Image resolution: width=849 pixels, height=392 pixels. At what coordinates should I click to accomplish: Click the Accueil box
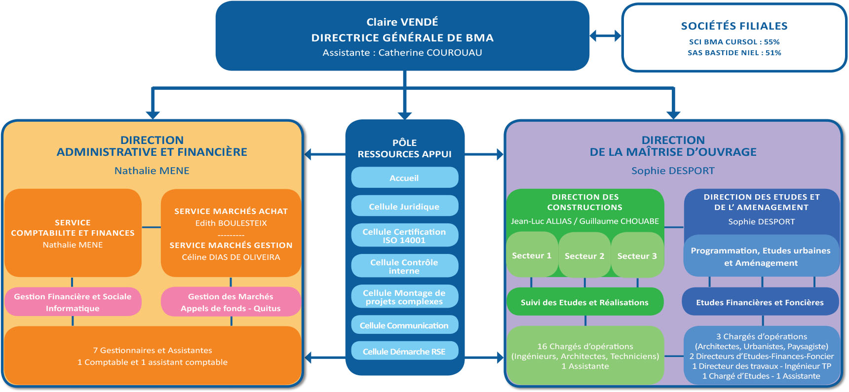tap(404, 178)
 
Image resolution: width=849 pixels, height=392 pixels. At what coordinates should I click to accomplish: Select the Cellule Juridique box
tap(404, 207)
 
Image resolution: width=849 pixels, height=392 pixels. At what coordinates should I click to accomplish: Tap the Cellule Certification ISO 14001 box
tap(404, 236)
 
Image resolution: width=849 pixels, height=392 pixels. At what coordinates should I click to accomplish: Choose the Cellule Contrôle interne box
tap(404, 266)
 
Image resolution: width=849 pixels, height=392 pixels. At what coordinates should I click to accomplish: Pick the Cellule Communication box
tap(404, 325)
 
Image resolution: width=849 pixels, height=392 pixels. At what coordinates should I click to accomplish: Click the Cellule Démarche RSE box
tap(404, 352)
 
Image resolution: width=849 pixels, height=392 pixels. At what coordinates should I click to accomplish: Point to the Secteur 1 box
tap(532, 255)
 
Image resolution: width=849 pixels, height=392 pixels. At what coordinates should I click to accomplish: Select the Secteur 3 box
tap(637, 255)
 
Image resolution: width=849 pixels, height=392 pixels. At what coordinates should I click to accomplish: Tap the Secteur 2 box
tap(584, 255)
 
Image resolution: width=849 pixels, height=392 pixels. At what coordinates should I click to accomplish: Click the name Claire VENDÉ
tap(402, 22)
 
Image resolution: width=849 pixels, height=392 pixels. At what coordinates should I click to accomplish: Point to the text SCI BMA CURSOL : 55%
tap(734, 42)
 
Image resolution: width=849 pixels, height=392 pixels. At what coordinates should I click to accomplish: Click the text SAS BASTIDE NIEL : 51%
tap(734, 53)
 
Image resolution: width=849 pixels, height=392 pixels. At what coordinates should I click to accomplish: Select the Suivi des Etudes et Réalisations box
tap(585, 302)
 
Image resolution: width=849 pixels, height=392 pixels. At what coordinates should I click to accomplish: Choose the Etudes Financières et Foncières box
tap(760, 302)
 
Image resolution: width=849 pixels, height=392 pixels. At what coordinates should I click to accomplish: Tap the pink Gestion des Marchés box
tap(231, 302)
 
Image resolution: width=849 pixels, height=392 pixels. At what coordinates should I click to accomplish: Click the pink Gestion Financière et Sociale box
tap(73, 302)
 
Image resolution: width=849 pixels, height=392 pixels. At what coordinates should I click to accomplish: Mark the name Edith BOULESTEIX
tap(231, 223)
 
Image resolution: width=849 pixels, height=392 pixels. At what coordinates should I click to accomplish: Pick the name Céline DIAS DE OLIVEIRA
tap(231, 257)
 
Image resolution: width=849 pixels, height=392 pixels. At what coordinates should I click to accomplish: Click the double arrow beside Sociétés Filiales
tap(605, 36)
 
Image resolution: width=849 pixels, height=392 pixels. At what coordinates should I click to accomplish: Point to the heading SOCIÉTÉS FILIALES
tap(734, 26)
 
